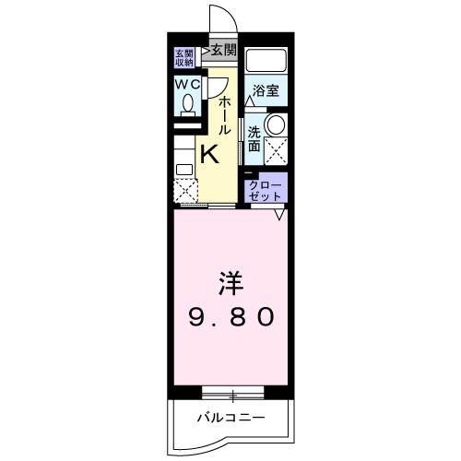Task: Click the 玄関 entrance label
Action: (222, 50)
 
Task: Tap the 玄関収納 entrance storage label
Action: (183, 57)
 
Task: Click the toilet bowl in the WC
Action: (187, 104)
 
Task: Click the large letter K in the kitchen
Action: (209, 152)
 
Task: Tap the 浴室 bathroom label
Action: (267, 90)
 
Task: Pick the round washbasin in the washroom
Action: (276, 124)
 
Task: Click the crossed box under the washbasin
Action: (275, 148)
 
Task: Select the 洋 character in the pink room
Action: (231, 279)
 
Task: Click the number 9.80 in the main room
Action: (231, 316)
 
